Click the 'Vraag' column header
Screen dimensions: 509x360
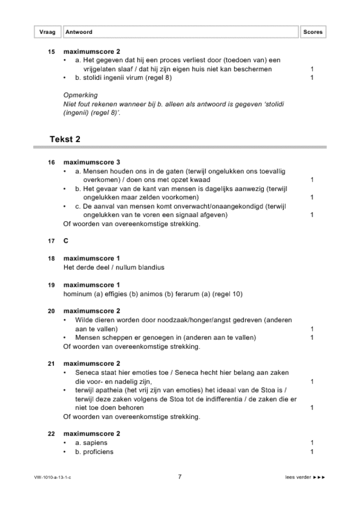47,32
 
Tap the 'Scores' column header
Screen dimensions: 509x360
312,32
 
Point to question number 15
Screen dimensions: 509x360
51,51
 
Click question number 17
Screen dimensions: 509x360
51,241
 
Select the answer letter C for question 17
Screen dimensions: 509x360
66,241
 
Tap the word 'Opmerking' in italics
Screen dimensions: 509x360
80,95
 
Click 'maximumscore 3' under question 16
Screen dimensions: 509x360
92,162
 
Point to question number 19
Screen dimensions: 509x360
51,285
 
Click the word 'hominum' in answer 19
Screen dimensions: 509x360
78,294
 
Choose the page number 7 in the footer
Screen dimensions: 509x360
179,477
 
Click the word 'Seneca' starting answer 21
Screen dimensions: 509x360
87,373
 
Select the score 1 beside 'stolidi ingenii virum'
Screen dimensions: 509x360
312,77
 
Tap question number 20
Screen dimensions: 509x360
51,311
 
